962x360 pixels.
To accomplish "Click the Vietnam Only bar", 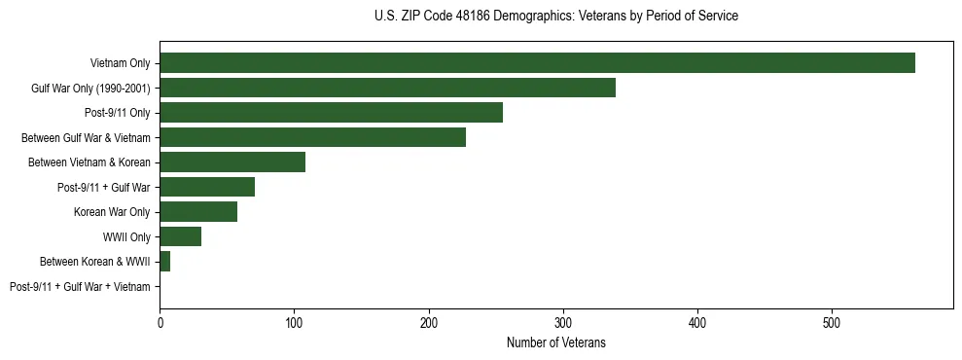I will (x=537, y=63).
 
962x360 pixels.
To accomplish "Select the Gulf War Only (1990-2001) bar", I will (x=387, y=89).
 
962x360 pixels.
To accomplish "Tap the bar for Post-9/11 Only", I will (x=331, y=113).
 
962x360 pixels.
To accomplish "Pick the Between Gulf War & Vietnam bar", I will (x=312, y=137).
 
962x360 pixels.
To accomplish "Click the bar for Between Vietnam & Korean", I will (x=232, y=162).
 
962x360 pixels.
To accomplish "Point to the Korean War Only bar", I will (x=198, y=212).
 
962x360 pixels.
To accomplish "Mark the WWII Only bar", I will (x=180, y=236).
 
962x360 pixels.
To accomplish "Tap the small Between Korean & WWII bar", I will (x=165, y=262).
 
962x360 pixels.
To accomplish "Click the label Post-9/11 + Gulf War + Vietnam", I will (x=80, y=287).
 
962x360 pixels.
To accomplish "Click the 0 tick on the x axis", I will (x=160, y=322).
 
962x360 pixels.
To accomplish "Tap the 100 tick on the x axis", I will (x=294, y=322).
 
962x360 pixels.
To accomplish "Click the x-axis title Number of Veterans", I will (x=555, y=342).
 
